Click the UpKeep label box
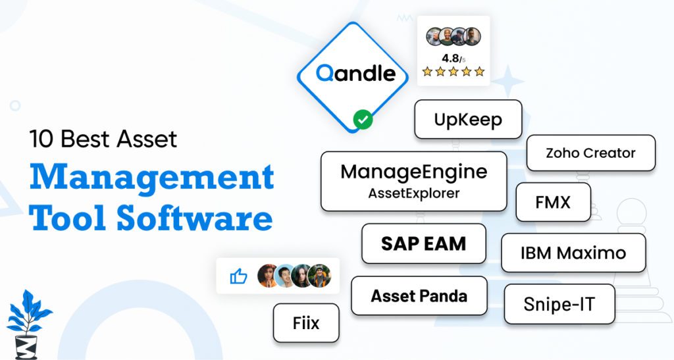(468, 119)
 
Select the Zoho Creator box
(590, 153)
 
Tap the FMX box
(553, 201)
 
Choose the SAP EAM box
(423, 244)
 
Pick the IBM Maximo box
(573, 253)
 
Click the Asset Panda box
(419, 296)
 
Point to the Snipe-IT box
(559, 304)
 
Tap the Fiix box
(306, 322)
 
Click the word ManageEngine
(414, 172)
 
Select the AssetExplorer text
(414, 193)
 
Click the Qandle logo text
(355, 73)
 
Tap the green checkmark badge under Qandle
(363, 120)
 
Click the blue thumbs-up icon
(238, 276)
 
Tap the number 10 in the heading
(41, 139)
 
